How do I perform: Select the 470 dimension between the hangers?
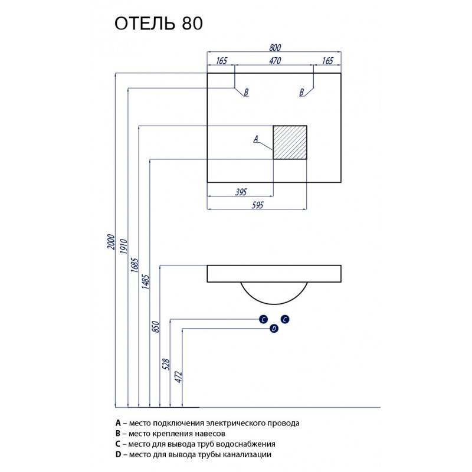[x=274, y=60]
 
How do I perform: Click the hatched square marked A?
[x=290, y=142]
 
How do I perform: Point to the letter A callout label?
[x=256, y=139]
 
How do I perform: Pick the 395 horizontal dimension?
[x=240, y=191]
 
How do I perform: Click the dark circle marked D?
[x=274, y=329]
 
